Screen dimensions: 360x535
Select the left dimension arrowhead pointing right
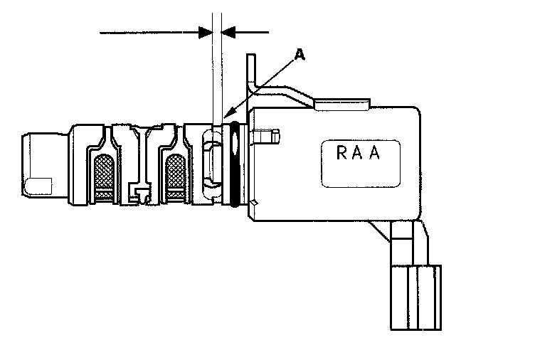point(206,32)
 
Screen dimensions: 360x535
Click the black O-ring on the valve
point(235,165)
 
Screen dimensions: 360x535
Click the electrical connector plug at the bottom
point(416,297)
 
